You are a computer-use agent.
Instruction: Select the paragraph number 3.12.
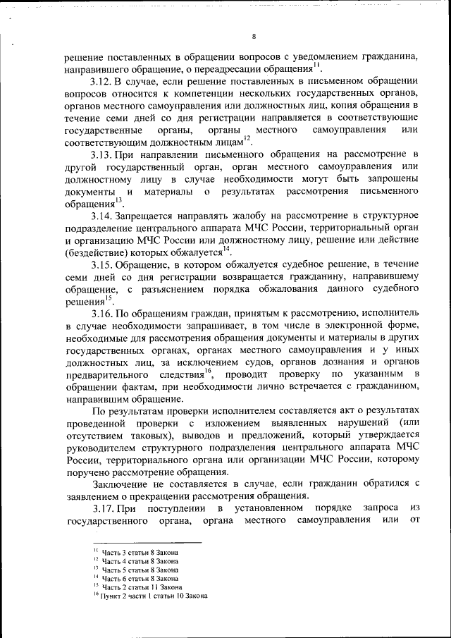click(103, 82)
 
